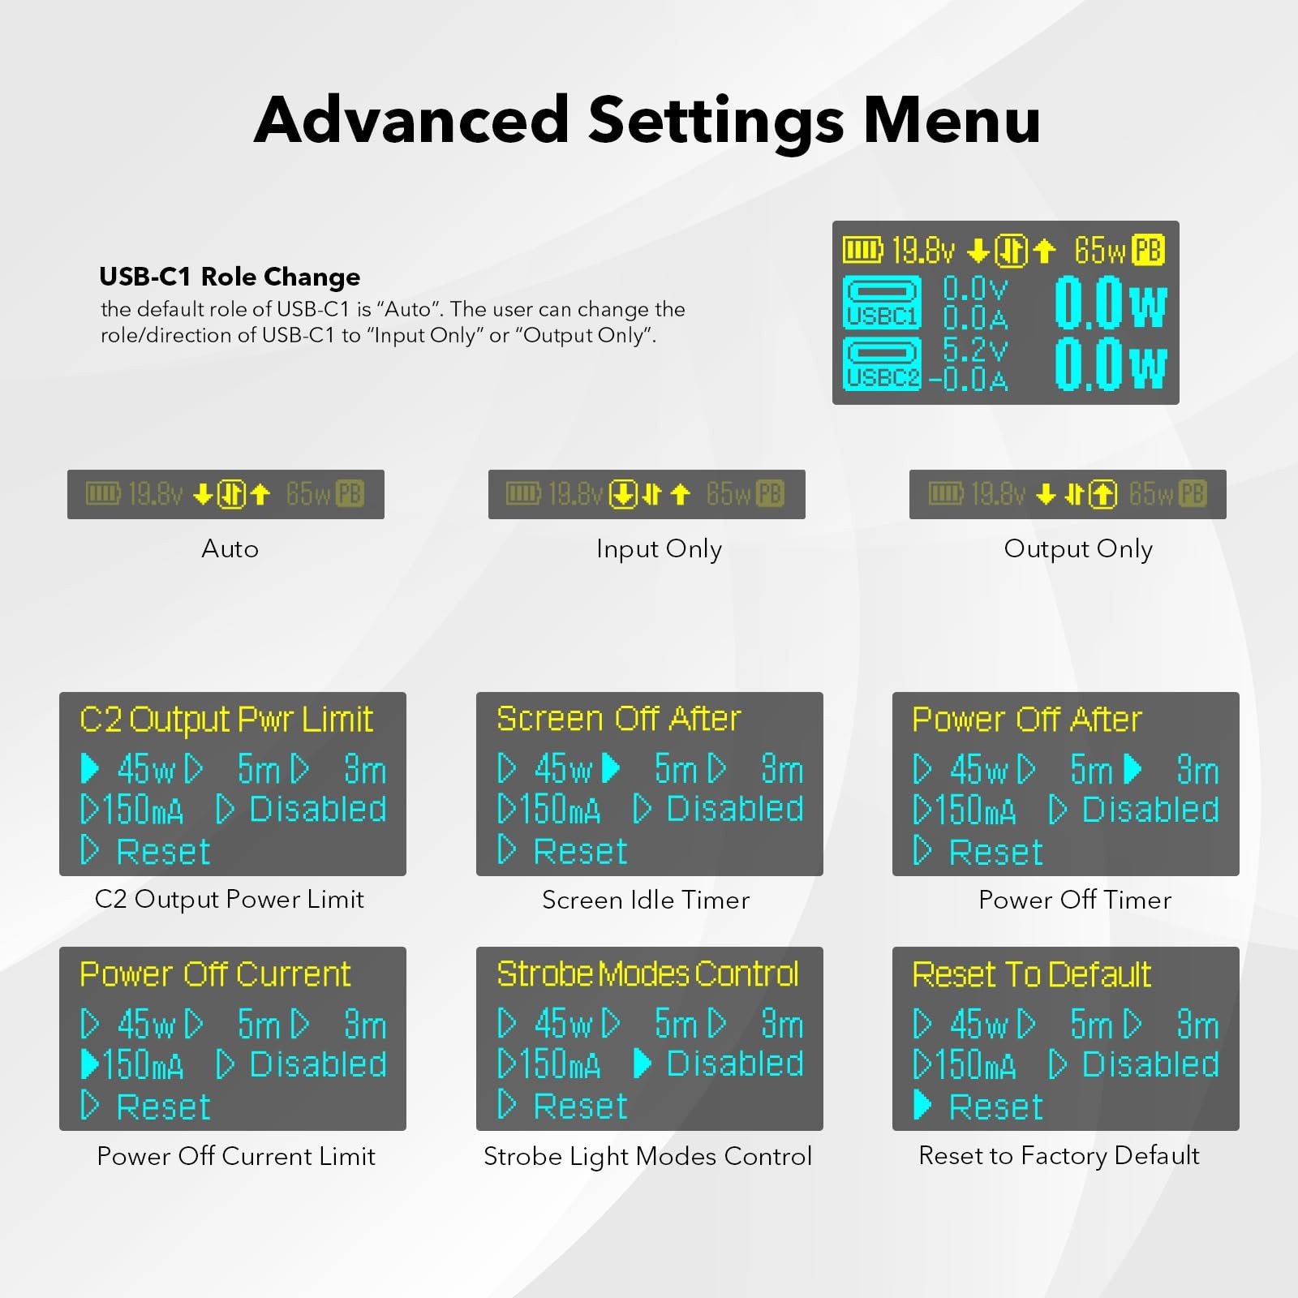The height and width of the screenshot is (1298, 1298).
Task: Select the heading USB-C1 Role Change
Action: (x=230, y=277)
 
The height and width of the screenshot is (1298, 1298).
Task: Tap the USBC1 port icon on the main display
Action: (x=883, y=302)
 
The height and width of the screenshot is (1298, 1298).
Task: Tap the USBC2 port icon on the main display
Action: (x=883, y=363)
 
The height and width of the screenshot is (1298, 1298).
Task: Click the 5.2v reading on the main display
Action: (x=975, y=350)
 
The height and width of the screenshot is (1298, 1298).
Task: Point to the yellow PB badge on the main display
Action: (x=1148, y=250)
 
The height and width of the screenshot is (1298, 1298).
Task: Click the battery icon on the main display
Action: (x=862, y=250)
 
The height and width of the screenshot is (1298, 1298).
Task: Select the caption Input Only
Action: (x=659, y=549)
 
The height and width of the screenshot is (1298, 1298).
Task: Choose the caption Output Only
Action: (x=1078, y=549)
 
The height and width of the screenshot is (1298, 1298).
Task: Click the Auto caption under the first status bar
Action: (x=230, y=549)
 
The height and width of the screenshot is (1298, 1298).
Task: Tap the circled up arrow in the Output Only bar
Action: (x=1102, y=494)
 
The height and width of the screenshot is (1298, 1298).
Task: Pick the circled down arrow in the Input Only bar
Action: (x=624, y=494)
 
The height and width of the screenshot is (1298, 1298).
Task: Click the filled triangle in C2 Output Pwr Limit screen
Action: (x=90, y=768)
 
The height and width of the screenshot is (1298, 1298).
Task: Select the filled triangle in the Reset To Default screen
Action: (x=922, y=1105)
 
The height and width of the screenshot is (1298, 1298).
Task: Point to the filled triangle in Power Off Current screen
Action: (x=90, y=1064)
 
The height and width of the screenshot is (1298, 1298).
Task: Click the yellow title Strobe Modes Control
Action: (x=648, y=973)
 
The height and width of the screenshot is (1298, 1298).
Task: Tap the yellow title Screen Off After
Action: (x=619, y=719)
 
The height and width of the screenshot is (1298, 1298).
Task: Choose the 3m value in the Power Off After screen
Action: (x=1197, y=770)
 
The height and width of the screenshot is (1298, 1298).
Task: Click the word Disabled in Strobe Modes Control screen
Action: (x=735, y=1064)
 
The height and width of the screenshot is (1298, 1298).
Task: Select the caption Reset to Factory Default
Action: (x=1059, y=1155)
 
